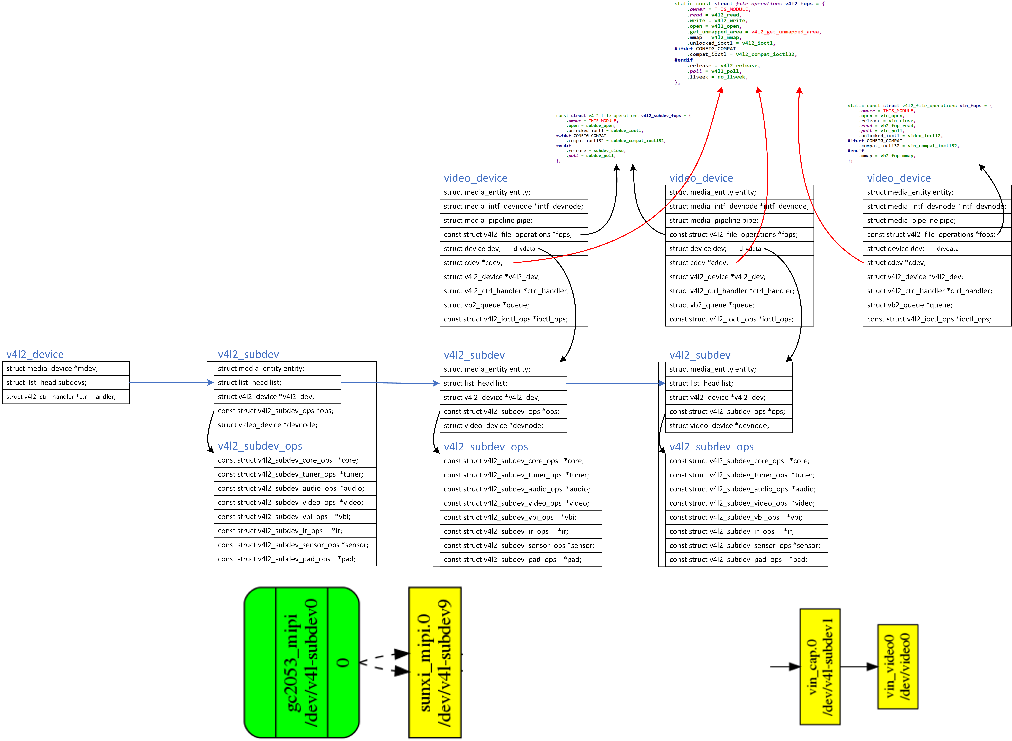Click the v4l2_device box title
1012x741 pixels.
[x=35, y=354]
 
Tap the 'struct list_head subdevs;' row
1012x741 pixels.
[x=66, y=383]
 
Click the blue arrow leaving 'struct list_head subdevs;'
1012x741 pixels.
[x=171, y=383]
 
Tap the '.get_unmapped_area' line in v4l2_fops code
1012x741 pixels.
[x=754, y=32]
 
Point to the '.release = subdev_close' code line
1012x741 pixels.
[x=596, y=151]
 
